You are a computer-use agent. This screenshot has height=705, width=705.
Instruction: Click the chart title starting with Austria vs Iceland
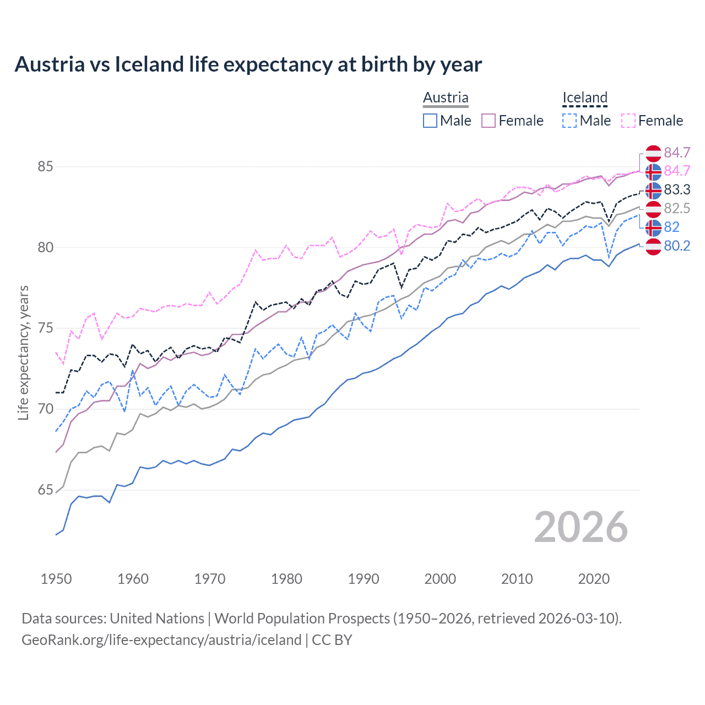tap(248, 64)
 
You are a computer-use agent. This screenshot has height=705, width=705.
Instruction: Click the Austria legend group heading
tap(446, 97)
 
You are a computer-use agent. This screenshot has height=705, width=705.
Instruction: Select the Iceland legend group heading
tap(584, 97)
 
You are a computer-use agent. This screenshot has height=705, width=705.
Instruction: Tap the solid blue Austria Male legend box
tap(430, 121)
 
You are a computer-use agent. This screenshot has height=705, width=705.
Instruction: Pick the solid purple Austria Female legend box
tap(489, 121)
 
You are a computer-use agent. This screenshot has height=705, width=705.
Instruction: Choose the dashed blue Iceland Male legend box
tap(570, 121)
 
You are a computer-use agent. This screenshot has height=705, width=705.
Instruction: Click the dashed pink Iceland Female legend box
tap(628, 121)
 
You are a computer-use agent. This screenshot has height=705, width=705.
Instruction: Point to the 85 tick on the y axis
tap(45, 166)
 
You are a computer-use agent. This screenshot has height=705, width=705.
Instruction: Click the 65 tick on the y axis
tap(45, 490)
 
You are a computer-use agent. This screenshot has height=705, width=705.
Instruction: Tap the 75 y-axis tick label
tap(45, 328)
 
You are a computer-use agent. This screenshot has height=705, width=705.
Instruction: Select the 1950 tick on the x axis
tap(56, 579)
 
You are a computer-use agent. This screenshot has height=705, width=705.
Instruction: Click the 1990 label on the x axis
tap(364, 579)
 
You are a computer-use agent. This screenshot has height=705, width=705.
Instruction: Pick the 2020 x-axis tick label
tap(594, 579)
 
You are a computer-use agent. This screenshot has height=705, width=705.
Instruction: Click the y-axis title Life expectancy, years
tap(23, 352)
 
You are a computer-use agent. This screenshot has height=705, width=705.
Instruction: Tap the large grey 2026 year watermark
tap(581, 528)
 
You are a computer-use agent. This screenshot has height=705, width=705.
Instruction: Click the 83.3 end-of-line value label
tap(677, 190)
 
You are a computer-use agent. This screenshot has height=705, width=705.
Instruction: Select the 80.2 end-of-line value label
tap(677, 246)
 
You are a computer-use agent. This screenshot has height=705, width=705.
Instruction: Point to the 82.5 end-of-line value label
tap(677, 209)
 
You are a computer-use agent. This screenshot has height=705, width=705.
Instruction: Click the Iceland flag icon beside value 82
tap(653, 227)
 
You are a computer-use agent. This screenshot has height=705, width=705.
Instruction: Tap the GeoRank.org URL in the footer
tap(161, 640)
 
